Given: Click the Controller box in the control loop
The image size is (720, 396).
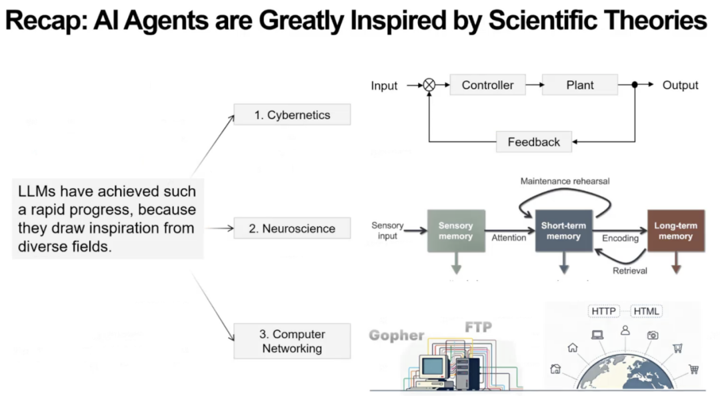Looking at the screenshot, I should point(487,85).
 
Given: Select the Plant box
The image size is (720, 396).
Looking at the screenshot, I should point(580,85).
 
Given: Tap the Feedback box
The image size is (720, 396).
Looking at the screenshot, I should point(533,142).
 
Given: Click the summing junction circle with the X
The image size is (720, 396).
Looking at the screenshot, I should point(429,85).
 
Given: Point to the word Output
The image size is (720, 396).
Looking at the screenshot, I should point(680,85).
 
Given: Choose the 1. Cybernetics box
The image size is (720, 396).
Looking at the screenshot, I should point(292,115).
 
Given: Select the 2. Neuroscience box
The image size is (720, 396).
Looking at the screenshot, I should point(292,228).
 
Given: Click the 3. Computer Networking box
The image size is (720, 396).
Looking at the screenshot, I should point(292,341).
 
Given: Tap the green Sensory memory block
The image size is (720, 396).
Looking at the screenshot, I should point(456,231).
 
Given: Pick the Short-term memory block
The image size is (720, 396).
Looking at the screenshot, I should point(563,231).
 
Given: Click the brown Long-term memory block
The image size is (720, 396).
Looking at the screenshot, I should point(676,231).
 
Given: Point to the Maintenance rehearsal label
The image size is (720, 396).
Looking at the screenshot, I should point(565,181).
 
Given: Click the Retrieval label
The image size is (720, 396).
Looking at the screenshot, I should point(630,270).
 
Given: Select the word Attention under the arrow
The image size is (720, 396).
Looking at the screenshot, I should point(509,238).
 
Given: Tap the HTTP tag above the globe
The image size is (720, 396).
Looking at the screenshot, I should point(603,311).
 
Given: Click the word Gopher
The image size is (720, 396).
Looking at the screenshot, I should point(397,335).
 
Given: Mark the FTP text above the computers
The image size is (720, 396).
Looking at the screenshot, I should point(478,327).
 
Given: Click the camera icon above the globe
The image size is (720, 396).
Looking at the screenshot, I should point(652,335).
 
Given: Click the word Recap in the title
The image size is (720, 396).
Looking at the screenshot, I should point(44,21).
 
